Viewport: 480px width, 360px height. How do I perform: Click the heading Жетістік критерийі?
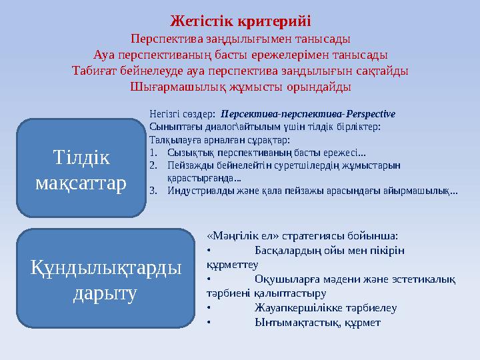coord(241,23)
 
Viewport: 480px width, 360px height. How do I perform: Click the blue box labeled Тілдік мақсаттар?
coord(81,168)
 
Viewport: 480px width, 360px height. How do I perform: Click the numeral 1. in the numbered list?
coord(154,151)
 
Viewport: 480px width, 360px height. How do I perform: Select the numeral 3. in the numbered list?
coord(154,191)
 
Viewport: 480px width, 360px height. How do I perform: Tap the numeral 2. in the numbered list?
coord(154,165)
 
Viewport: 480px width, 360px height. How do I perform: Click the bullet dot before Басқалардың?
coord(210,250)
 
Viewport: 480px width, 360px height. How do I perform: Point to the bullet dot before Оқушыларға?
coord(210,279)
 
